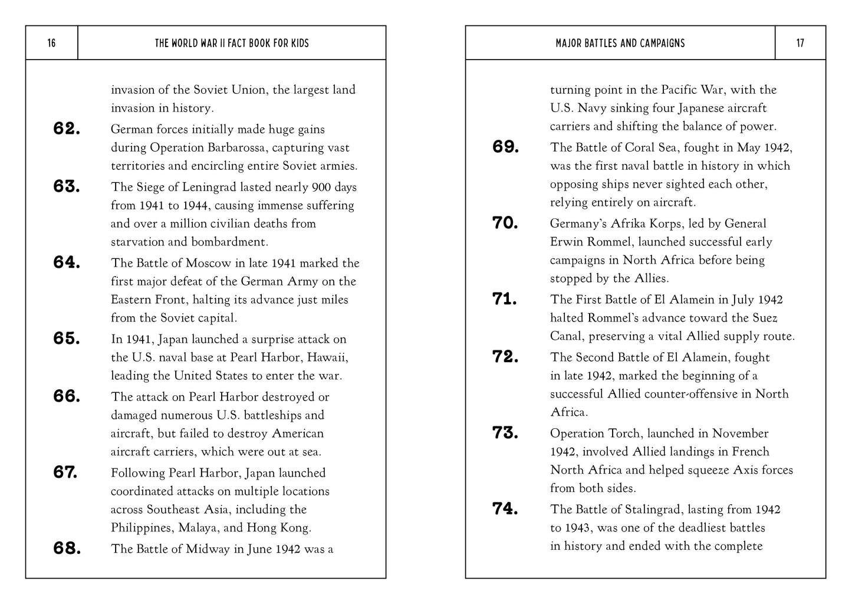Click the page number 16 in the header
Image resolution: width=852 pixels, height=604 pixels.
51,43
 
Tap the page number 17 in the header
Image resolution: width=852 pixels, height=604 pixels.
800,43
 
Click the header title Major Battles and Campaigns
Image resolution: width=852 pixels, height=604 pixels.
620,43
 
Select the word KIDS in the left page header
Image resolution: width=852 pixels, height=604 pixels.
298,43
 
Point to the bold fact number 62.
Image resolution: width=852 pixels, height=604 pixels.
67,129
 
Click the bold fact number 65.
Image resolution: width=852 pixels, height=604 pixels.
67,339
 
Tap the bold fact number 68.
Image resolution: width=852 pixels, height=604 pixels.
67,549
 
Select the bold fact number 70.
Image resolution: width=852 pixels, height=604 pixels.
505,223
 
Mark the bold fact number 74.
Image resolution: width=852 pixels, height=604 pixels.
505,508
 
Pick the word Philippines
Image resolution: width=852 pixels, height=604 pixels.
140,528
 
